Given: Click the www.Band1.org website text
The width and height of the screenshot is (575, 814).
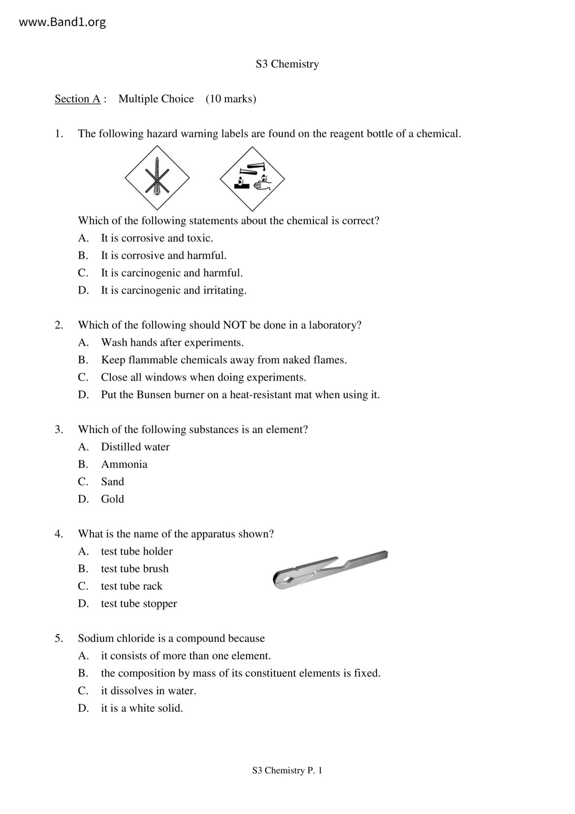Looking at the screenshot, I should (62, 22).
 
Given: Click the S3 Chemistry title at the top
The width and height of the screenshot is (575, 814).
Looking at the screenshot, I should (287, 64).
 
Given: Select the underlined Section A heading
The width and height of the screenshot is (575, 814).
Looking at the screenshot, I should (77, 99).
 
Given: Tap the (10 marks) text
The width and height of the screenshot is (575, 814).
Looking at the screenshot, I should (231, 99).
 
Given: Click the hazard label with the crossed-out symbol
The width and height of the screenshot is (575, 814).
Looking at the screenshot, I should (157, 178).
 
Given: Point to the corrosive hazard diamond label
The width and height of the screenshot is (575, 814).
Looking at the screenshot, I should (252, 179).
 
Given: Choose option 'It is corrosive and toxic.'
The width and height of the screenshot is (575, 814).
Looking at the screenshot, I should (157, 238).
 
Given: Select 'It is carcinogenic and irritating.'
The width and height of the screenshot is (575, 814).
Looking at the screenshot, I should (173, 291).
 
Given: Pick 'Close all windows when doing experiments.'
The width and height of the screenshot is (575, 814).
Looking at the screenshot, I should (203, 377).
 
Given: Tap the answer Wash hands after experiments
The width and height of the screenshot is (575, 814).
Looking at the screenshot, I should (172, 342).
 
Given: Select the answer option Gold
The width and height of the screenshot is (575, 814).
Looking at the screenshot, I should (112, 499).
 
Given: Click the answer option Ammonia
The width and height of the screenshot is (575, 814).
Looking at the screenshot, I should (124, 465).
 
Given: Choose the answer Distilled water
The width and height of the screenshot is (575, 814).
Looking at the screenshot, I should (135, 447).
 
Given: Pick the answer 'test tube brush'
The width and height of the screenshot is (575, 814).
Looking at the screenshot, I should (134, 569).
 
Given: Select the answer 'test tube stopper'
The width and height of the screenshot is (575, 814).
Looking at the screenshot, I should (139, 604).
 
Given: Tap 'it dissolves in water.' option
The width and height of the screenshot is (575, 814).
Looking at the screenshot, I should (148, 691).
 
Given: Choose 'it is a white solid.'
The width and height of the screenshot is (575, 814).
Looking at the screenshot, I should (142, 708).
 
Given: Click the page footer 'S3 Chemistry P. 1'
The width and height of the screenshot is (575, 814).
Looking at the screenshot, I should (287, 770).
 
